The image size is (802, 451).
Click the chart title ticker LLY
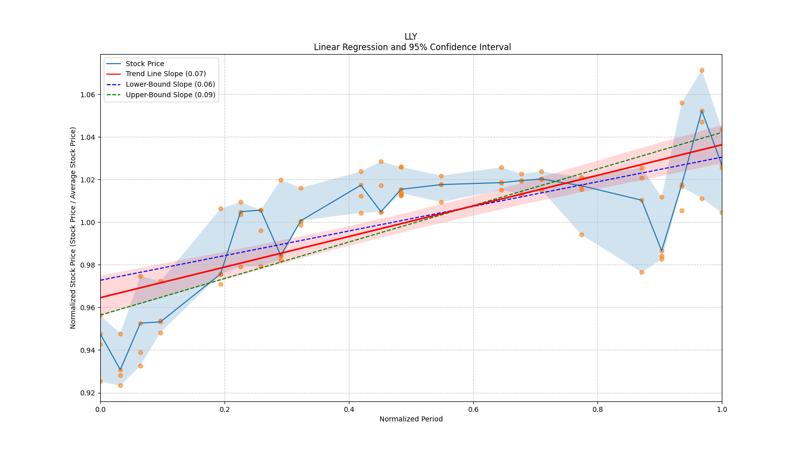pos(411,37)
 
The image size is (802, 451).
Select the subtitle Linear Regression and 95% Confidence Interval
pos(412,47)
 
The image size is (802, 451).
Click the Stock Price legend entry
pos(145,64)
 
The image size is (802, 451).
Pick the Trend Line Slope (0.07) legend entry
pos(165,74)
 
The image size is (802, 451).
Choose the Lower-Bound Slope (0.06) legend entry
pos(170,85)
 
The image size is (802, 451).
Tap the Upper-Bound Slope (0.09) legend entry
pos(170,95)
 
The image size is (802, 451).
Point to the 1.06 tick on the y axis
pos(88,95)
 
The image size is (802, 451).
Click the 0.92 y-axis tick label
pos(88,393)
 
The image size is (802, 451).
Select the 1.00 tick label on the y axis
pos(88,222)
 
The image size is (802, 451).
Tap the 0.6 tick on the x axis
pos(473,409)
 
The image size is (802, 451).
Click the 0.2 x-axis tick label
pos(225,409)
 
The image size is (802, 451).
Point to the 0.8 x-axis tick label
pos(597,409)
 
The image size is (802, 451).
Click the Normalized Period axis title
pos(411,419)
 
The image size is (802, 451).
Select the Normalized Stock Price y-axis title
pos(73,228)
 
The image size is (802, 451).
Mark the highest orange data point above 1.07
pos(702,71)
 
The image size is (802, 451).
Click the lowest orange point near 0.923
pos(120,385)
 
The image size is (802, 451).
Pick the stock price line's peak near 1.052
pos(702,111)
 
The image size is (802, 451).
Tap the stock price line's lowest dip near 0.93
pos(120,370)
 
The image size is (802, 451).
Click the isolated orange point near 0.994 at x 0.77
pos(581,235)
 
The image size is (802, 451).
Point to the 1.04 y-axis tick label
pos(88,137)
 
